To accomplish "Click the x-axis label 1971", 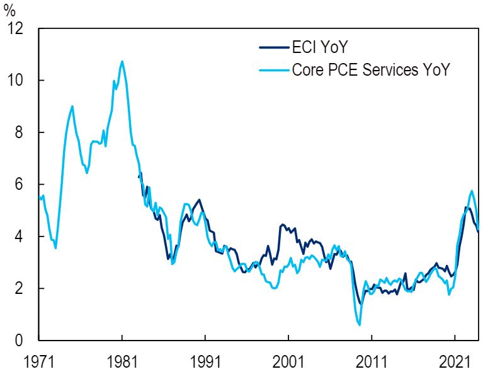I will tap(39, 363).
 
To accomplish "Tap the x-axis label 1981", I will tap(122, 363).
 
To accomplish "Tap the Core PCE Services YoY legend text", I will tap(371, 69).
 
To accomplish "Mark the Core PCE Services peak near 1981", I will tap(122, 61).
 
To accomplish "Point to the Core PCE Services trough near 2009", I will tap(359, 325).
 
